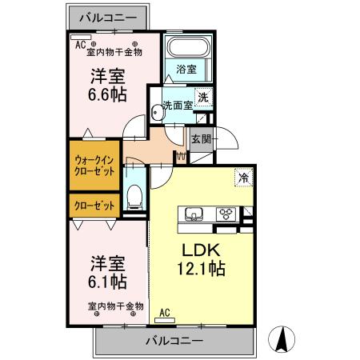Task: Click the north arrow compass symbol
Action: point(282,339)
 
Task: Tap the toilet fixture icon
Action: point(135,194)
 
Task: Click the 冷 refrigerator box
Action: point(241,178)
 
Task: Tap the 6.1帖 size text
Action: point(106,282)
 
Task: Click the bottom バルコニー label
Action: point(174,340)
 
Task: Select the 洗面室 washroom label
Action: point(178,105)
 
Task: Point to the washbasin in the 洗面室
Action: point(158,114)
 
